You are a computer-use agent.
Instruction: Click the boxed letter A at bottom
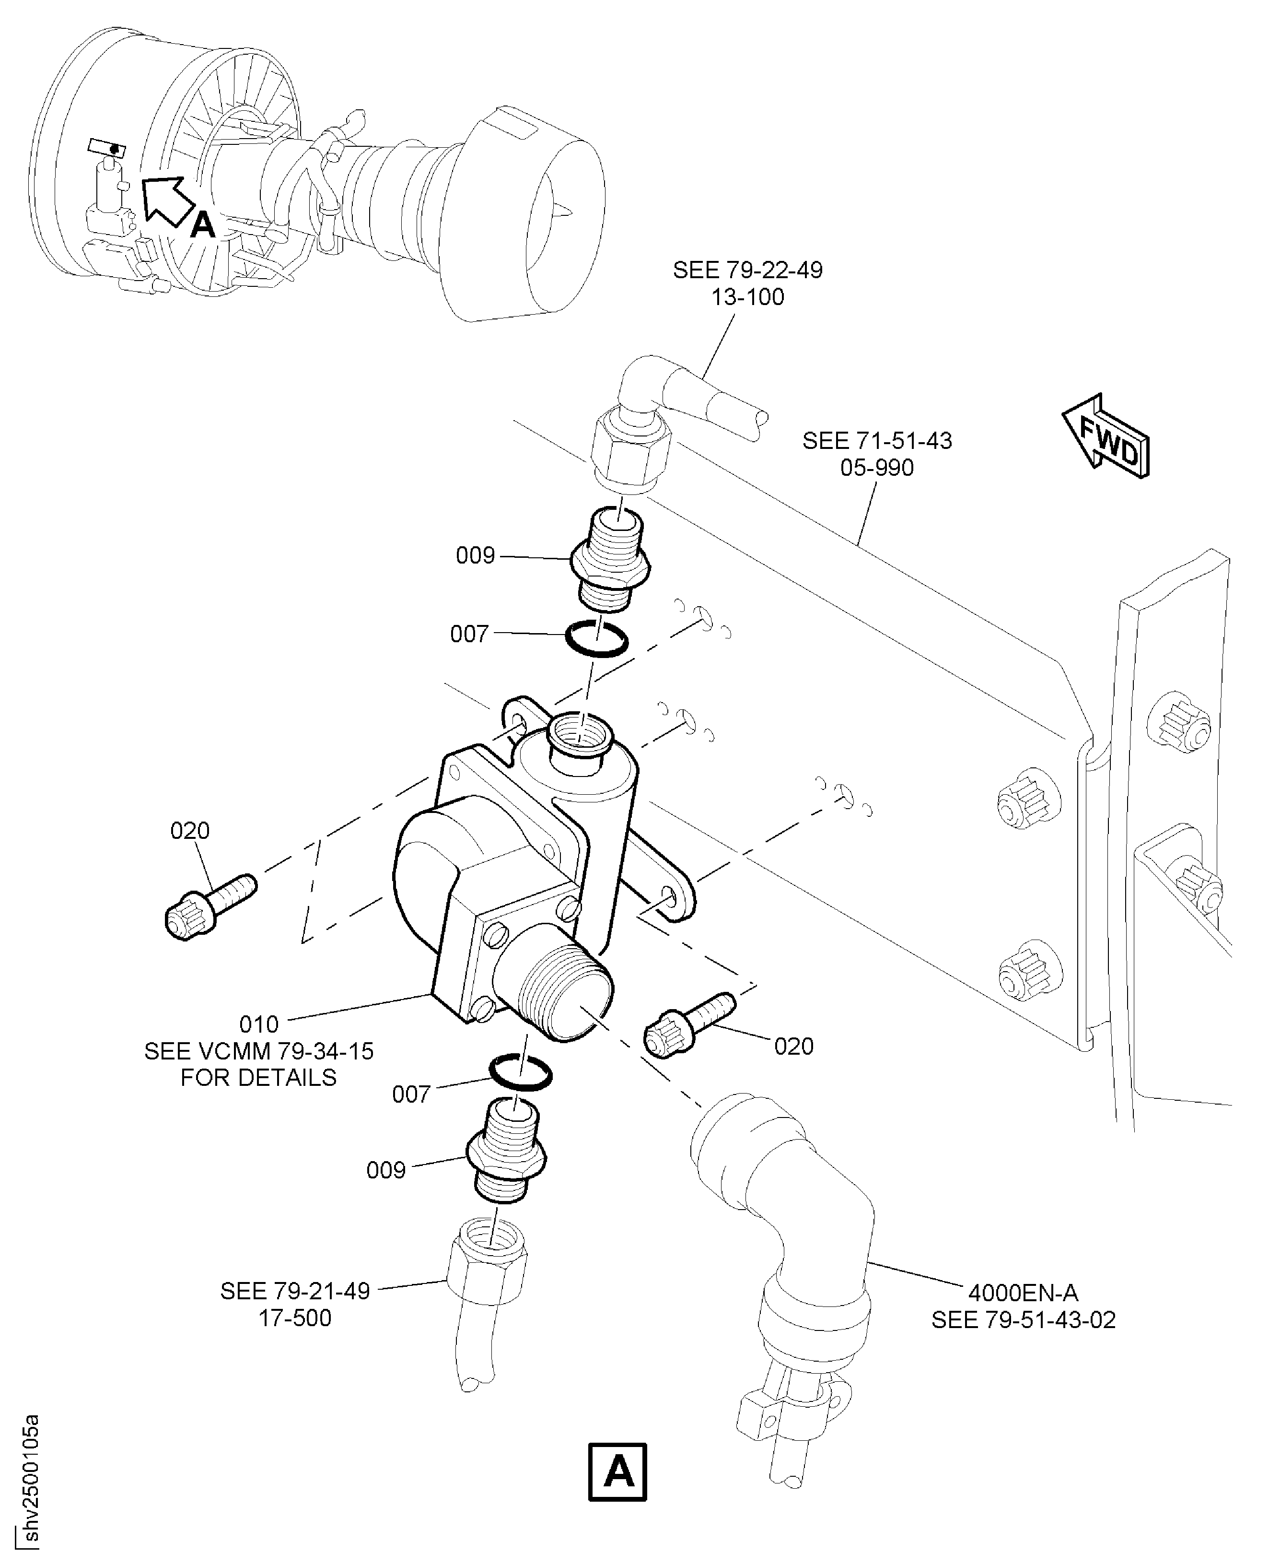pos(617,1471)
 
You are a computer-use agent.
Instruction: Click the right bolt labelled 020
pos(687,1024)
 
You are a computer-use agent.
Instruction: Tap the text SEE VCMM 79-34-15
pos(259,1051)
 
